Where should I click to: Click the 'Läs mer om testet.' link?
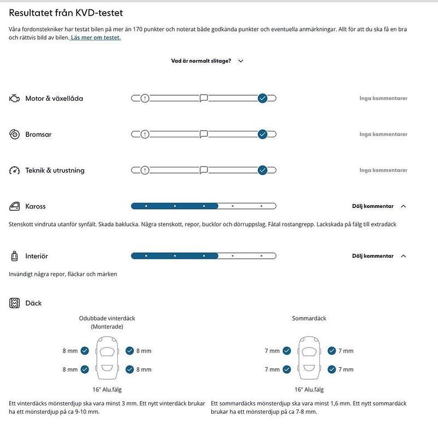(96, 38)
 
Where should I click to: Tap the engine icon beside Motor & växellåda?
(14, 98)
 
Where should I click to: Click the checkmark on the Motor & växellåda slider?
(262, 98)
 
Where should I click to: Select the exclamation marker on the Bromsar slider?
(145, 134)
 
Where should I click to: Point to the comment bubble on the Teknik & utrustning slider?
(204, 170)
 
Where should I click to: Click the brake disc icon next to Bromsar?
(14, 134)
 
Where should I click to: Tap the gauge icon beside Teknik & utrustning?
(14, 170)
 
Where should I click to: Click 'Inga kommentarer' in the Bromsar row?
(383, 134)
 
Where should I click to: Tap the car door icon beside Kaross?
(14, 206)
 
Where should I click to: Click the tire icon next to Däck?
(14, 303)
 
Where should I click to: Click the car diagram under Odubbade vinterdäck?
(107, 360)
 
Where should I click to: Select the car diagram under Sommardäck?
(309, 360)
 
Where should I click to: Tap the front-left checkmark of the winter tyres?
(85, 351)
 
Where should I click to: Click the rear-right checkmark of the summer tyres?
(332, 369)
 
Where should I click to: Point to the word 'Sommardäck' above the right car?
(309, 318)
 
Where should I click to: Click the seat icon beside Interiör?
(14, 256)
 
